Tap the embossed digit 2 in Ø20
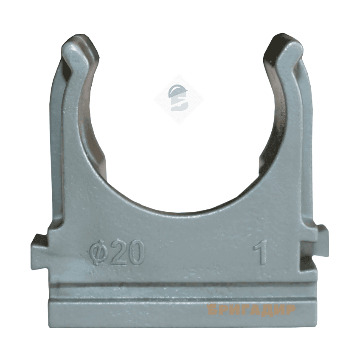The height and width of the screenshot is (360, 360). coord(115,253)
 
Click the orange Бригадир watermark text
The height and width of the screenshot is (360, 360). coord(251,310)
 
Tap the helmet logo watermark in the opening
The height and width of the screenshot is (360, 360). coord(179,98)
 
